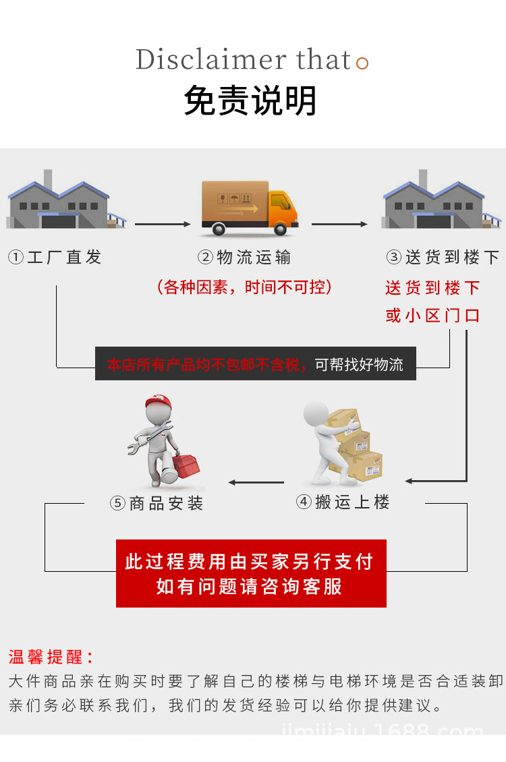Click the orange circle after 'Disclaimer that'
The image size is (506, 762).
(362, 64)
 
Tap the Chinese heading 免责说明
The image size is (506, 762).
(250, 102)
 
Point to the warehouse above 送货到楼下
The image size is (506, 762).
(442, 200)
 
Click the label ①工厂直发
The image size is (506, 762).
(55, 257)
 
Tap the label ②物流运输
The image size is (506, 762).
(244, 257)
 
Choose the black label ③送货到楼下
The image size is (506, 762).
(443, 257)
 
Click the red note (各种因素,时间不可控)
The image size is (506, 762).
(244, 287)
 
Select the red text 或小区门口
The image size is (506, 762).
(432, 316)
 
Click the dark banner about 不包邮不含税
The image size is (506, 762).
(255, 365)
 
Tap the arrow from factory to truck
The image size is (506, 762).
(163, 224)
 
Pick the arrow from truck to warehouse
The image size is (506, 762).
(339, 224)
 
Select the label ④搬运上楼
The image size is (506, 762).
(343, 502)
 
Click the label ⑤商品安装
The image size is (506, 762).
(157, 504)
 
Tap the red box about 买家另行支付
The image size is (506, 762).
(251, 573)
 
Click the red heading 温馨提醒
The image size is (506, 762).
(51, 657)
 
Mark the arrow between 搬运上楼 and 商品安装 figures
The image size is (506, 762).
(256, 482)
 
